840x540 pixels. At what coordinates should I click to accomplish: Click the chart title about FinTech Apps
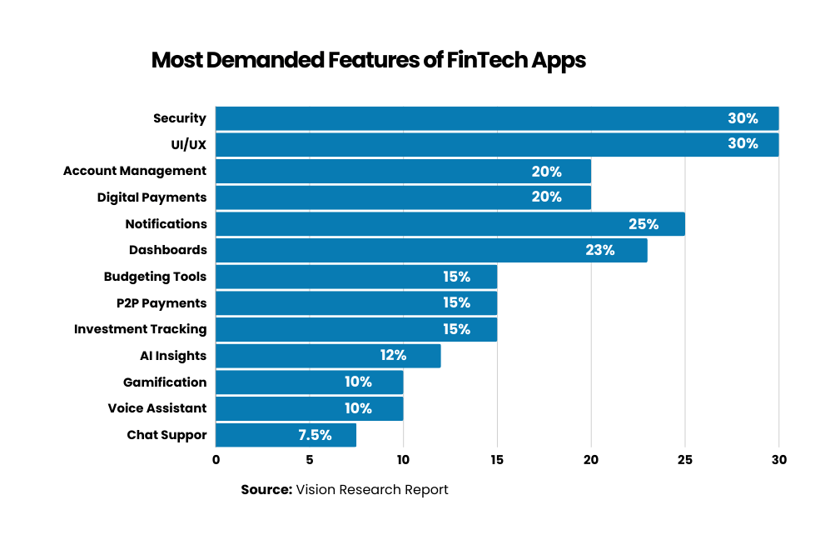pos(368,61)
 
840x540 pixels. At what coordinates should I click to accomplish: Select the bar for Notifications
pos(450,223)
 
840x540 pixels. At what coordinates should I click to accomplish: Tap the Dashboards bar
pos(431,250)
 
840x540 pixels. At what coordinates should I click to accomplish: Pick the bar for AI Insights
pos(328,356)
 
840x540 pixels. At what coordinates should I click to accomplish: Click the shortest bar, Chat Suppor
pos(286,435)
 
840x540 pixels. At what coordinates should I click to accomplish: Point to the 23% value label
pos(599,250)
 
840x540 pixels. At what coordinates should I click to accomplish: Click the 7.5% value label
pos(315,435)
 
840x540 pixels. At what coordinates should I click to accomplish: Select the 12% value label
pos(393,356)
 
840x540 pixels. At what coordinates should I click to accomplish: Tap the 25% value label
pos(644,223)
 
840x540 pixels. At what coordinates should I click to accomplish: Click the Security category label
pos(179,118)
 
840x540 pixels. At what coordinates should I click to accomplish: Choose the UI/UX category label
pos(188,144)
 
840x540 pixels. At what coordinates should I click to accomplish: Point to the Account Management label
pos(135,171)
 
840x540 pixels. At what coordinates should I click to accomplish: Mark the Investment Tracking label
pos(140,329)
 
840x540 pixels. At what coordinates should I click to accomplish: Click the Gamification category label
pos(165,382)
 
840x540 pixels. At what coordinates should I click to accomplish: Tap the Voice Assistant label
pos(157,408)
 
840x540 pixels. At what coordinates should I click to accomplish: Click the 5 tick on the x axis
pos(310,459)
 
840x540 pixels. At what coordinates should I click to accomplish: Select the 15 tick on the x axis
pos(497,459)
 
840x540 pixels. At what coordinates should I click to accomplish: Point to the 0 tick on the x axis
pos(216,459)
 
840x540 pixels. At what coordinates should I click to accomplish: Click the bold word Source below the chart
pos(266,490)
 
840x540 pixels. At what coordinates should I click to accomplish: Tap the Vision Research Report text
pos(372,490)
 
